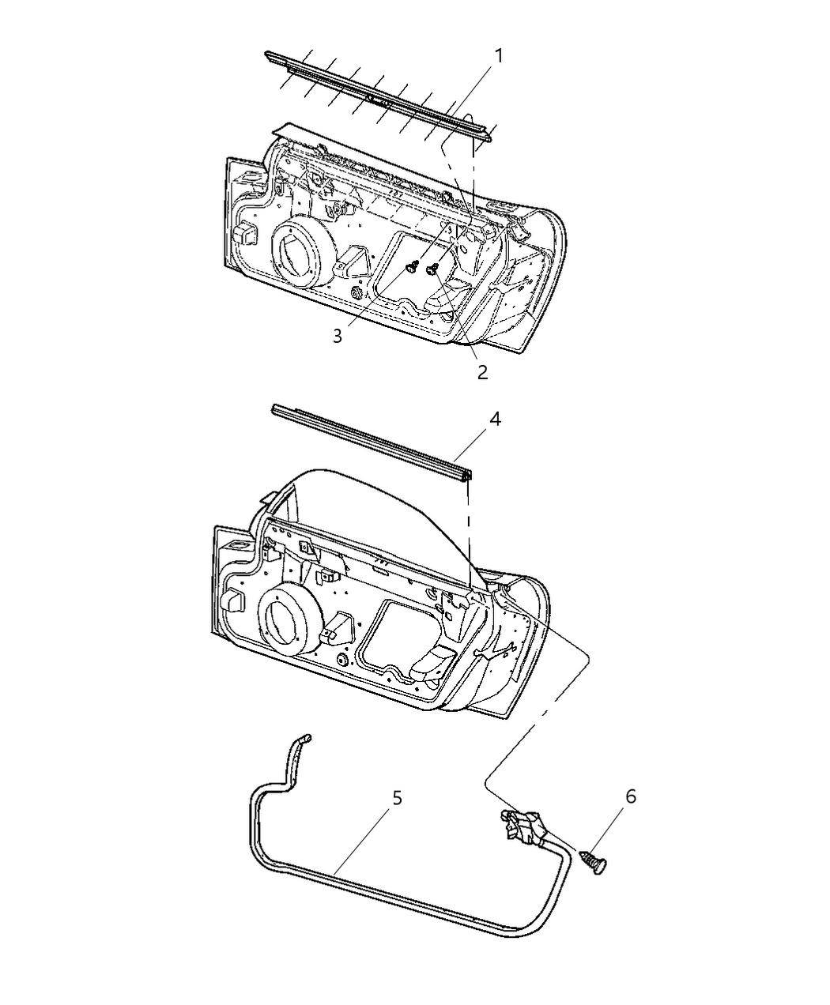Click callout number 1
click(499, 56)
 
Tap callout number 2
click(482, 372)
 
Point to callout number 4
click(494, 419)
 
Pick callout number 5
click(397, 798)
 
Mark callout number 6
click(630, 796)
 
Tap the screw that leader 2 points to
click(432, 270)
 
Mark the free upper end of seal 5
click(308, 738)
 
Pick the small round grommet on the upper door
click(357, 294)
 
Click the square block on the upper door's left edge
click(244, 233)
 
